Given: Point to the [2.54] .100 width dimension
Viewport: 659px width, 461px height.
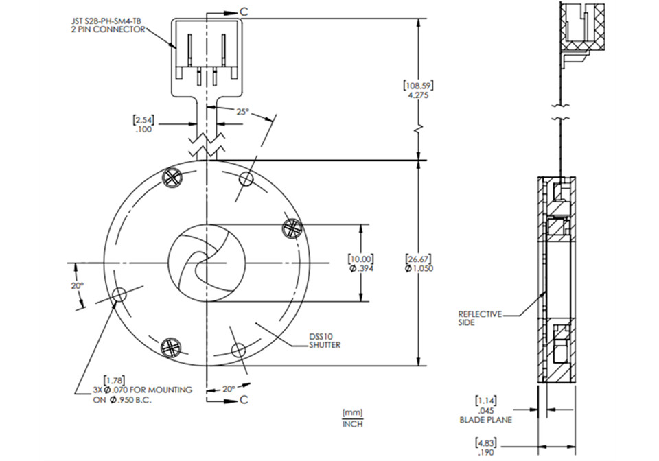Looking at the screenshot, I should [144, 124].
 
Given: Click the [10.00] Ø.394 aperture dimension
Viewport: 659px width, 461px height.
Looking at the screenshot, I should [360, 263].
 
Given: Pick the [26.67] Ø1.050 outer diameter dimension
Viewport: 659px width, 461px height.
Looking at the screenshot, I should [419, 263].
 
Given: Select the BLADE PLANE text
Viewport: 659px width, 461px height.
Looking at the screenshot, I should [487, 419].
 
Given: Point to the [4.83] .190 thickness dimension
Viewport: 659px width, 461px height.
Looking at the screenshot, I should [486, 446].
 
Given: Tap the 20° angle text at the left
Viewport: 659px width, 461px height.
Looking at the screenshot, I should [78, 285].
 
